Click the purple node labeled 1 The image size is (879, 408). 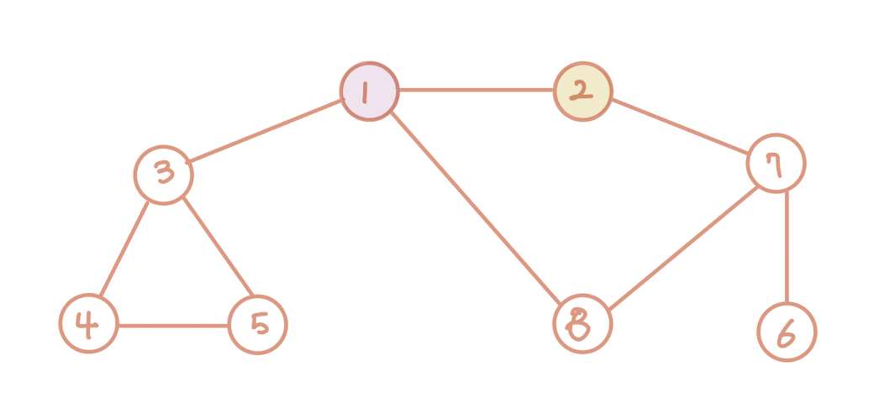point(369,91)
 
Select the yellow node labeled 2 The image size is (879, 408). point(582,91)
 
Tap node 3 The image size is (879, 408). point(164,175)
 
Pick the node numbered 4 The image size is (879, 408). point(89,323)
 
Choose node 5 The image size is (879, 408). point(258,324)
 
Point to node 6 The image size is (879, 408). point(787,332)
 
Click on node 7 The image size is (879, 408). point(776,164)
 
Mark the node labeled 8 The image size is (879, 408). point(582,324)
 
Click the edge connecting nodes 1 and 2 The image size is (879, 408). point(476,90)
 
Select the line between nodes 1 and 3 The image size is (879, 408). point(266,132)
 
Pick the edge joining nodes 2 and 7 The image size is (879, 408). point(679,127)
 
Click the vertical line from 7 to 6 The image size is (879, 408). point(787,248)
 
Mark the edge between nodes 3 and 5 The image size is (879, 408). point(217,247)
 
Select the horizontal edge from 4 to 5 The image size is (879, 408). point(173,325)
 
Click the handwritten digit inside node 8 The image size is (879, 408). point(580,323)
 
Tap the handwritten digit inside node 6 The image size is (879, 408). point(786,333)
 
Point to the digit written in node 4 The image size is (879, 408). point(87,322)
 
